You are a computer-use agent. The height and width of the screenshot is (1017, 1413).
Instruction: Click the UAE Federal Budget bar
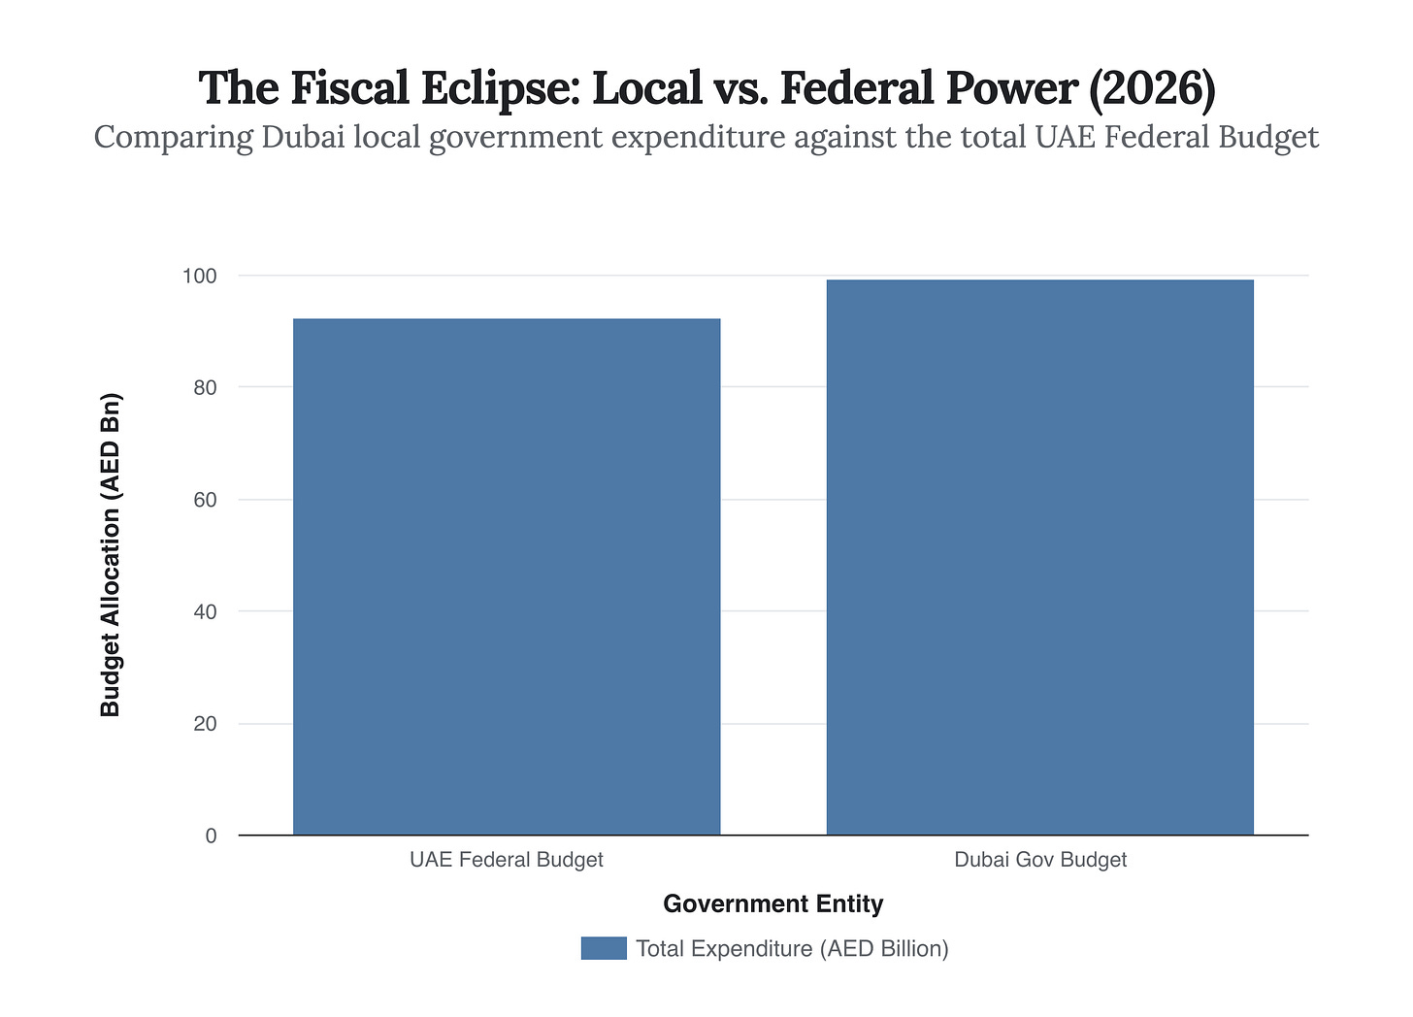click(507, 576)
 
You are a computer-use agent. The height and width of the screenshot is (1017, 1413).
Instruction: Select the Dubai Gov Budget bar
click(1039, 557)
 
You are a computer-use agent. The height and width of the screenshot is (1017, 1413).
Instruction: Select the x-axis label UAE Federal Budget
click(507, 860)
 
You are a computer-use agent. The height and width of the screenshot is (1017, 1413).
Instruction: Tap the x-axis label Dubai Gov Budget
click(1040, 860)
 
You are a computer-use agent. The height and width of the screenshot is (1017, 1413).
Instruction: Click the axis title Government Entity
click(773, 904)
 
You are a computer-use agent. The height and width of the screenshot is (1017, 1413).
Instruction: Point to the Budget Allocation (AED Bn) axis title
click(111, 555)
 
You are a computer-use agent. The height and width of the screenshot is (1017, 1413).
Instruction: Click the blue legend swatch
click(604, 948)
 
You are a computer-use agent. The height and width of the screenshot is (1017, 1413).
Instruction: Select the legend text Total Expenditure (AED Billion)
click(792, 948)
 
